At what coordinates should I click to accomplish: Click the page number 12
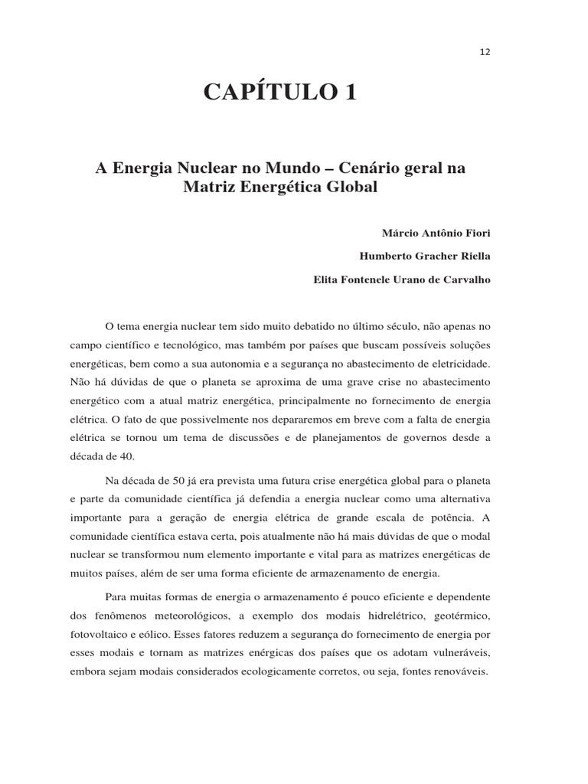click(485, 52)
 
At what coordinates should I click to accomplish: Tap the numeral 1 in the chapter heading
click(350, 93)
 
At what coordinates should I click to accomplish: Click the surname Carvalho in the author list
click(462, 279)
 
